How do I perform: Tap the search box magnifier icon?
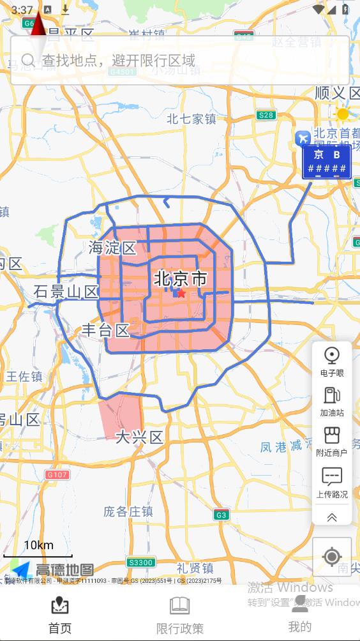[27, 60]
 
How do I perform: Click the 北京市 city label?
[181, 279]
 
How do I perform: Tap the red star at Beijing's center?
[181, 293]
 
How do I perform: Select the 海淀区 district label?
[113, 248]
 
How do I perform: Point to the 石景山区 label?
[66, 292]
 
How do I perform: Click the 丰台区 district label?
[105, 330]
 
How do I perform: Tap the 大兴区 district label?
[139, 437]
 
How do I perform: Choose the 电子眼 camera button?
[332, 361]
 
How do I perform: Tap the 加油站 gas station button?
[332, 401]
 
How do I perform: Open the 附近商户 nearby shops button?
[332, 441]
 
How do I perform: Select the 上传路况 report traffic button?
[332, 482]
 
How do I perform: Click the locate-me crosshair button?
[332, 557]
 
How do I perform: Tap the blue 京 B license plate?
[327, 162]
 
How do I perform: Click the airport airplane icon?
[303, 138]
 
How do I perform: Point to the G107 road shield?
[57, 474]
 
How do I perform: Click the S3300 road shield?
[140, 562]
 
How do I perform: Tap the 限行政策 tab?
[180, 615]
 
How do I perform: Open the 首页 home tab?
[60, 615]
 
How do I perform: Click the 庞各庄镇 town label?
[128, 511]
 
